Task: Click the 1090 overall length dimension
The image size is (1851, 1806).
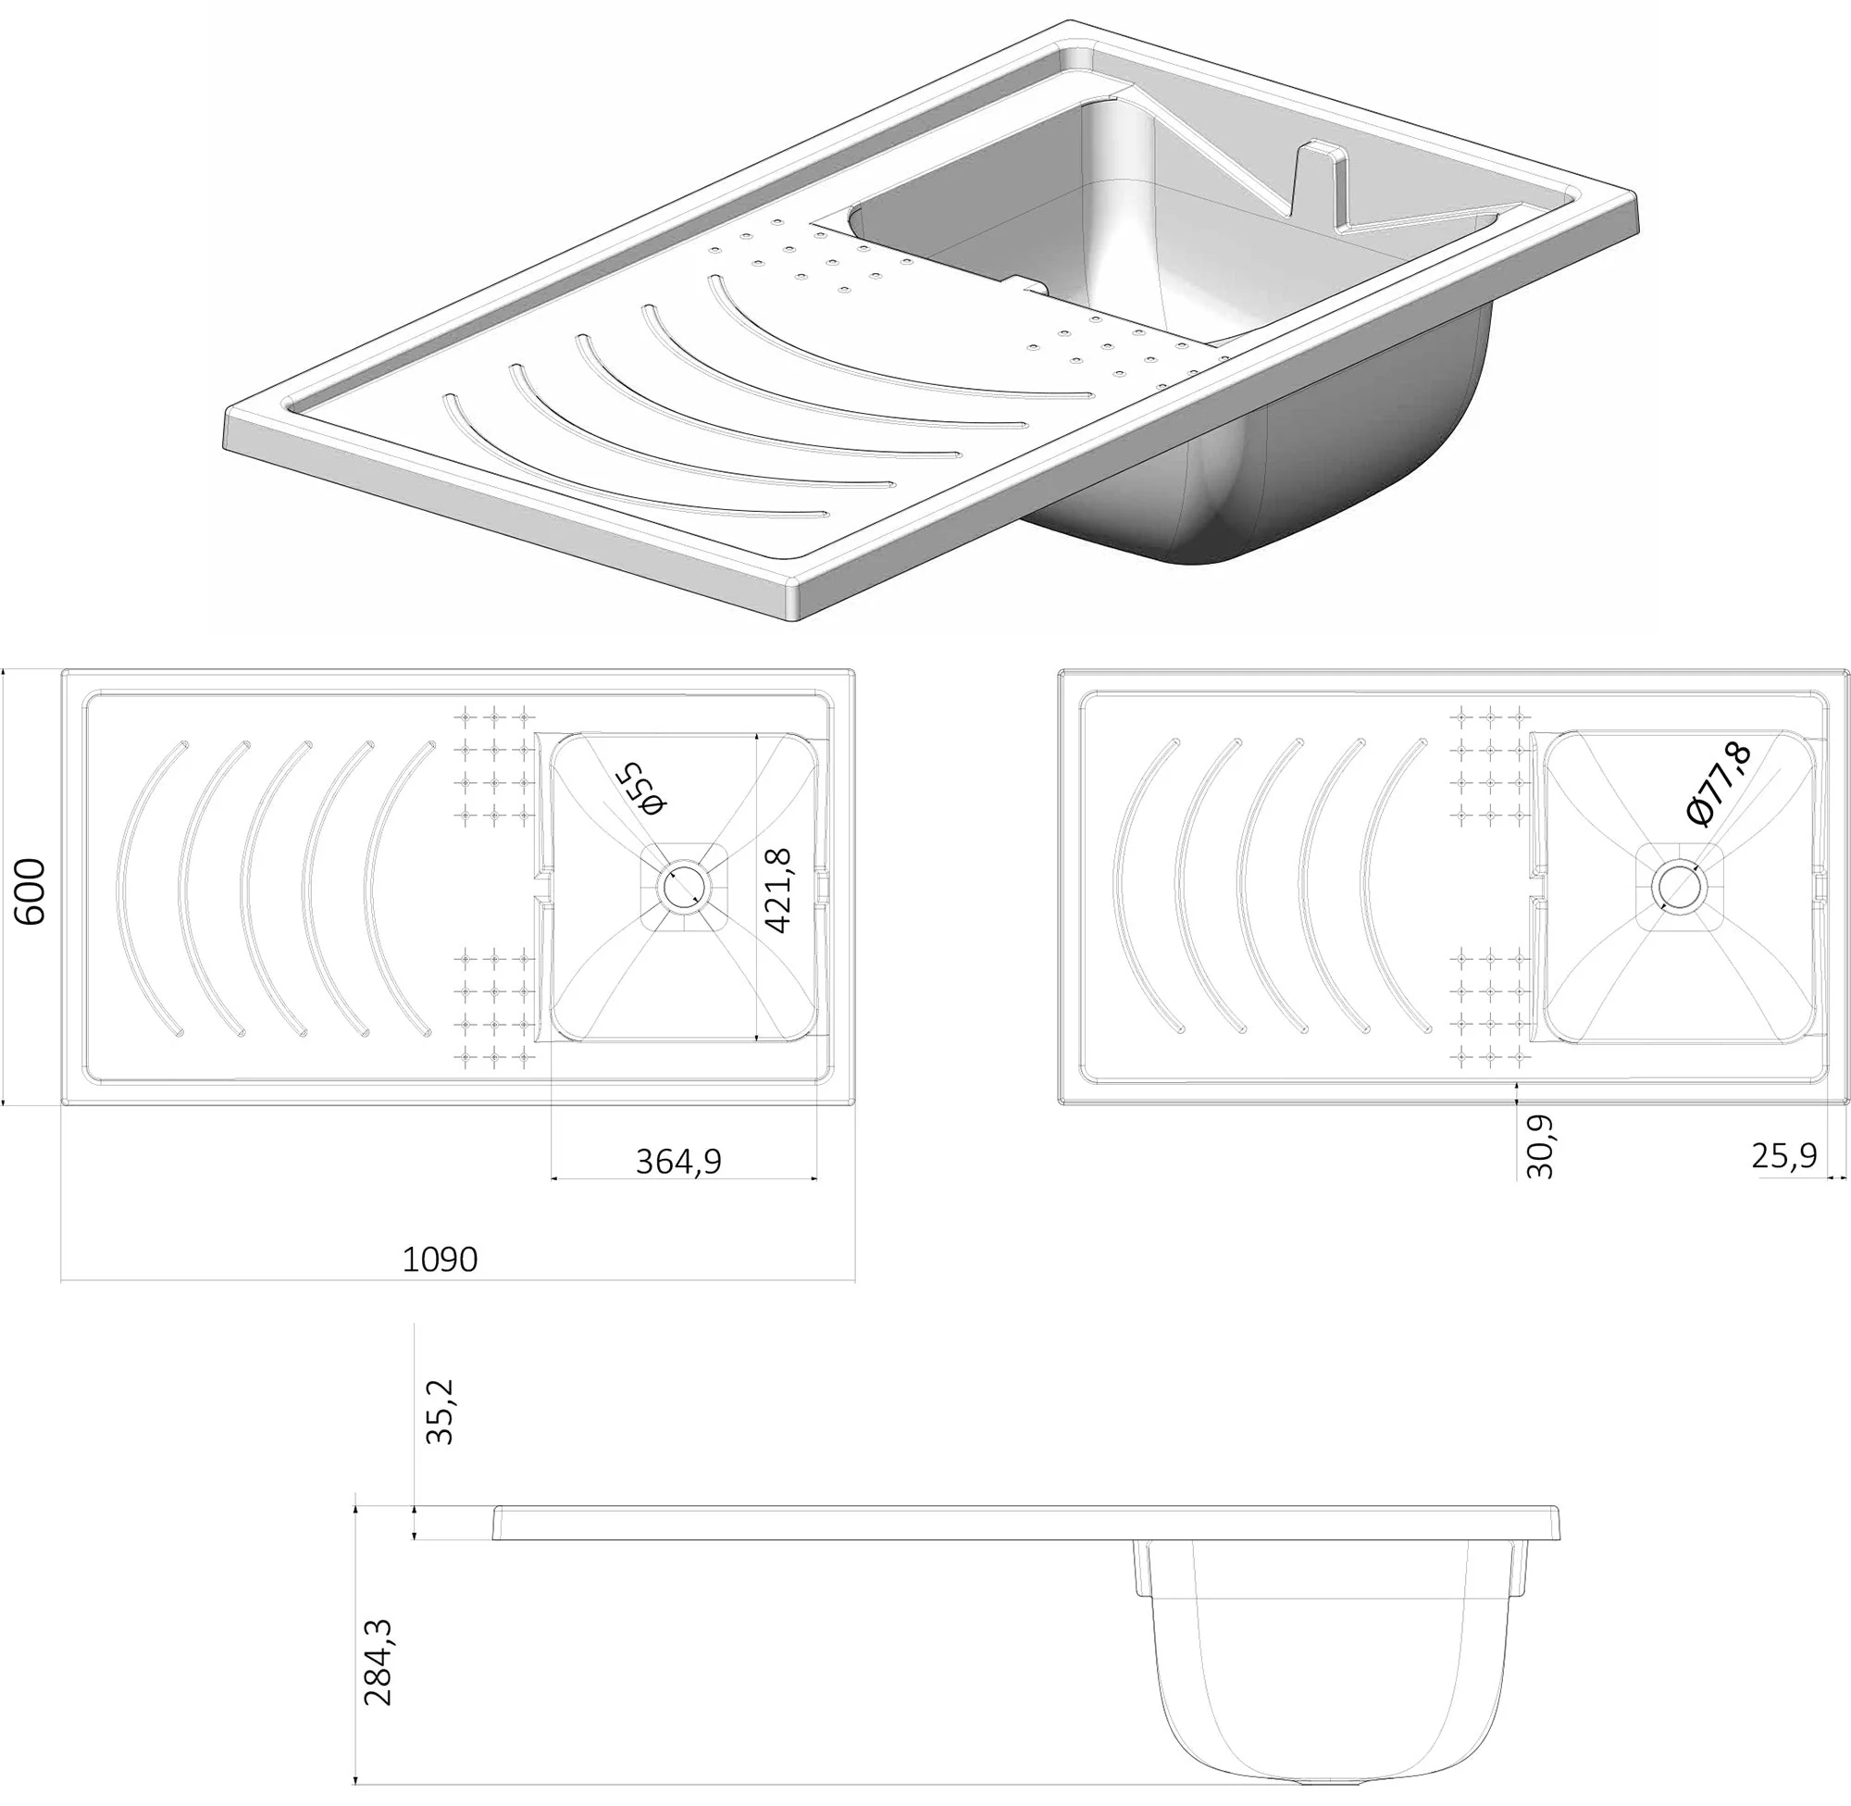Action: (x=440, y=1260)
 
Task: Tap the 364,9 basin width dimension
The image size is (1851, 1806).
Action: (x=679, y=1161)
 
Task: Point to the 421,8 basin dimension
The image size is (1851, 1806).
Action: (x=777, y=891)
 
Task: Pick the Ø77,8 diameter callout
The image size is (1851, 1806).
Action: (x=1720, y=783)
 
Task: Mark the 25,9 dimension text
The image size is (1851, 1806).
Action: (x=1783, y=1155)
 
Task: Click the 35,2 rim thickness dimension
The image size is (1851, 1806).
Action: (x=440, y=1412)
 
